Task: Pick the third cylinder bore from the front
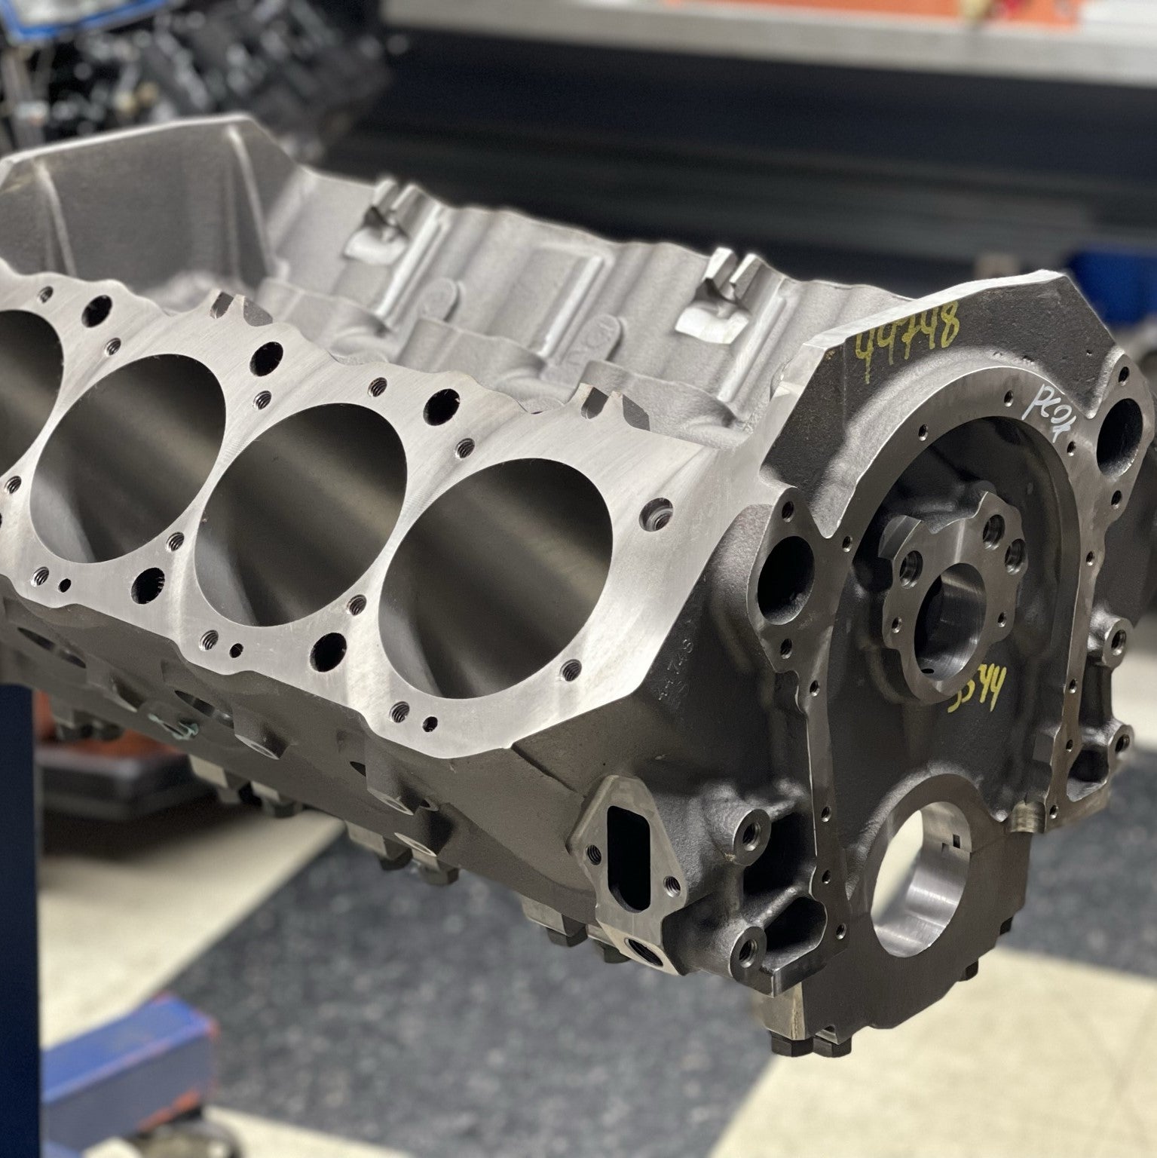(x=136, y=418)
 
